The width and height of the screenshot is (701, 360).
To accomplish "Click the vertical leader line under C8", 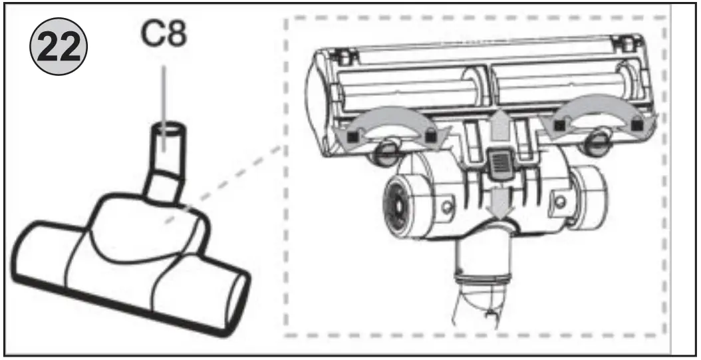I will click(x=163, y=93).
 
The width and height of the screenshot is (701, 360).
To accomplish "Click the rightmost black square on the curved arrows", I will click(x=638, y=122).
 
